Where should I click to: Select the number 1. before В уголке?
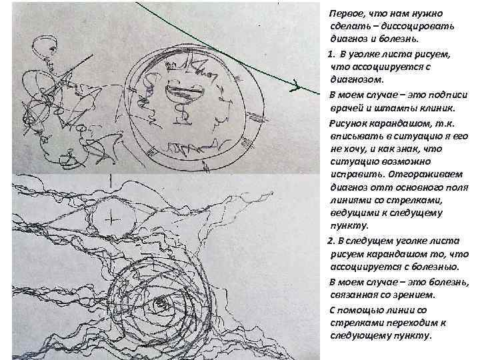(x=331, y=55)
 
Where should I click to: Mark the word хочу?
(x=355, y=149)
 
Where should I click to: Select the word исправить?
(x=357, y=175)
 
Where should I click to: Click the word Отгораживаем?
(x=426, y=175)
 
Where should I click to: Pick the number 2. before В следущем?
(x=331, y=241)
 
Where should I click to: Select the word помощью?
(x=359, y=311)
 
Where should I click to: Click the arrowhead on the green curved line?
(x=295, y=85)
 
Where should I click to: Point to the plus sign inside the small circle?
(x=111, y=219)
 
